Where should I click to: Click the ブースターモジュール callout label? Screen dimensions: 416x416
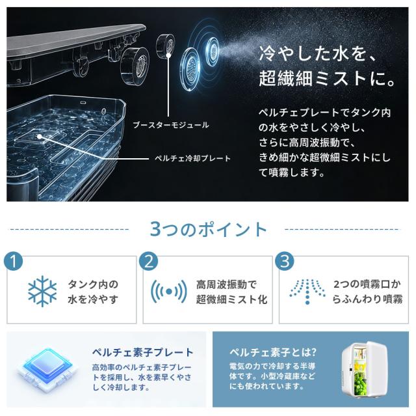point(171,125)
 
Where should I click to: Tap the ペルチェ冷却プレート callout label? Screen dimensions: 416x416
point(192,159)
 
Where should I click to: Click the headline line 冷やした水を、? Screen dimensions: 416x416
point(318,53)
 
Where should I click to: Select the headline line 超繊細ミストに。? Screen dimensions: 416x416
point(328,78)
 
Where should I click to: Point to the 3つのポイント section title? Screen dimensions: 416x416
point(208,229)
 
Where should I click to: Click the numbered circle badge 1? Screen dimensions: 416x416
point(14,262)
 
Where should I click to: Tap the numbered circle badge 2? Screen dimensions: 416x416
point(149,262)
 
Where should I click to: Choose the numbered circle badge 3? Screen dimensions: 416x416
point(285,262)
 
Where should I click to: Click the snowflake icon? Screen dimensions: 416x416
point(42,292)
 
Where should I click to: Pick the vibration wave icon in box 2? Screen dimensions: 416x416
point(169,292)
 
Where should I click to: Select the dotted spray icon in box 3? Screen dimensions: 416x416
point(307,292)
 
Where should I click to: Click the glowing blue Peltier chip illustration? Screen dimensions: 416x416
point(47,368)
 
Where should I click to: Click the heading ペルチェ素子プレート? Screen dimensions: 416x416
point(143,352)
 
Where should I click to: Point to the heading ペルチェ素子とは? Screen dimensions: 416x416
point(273,352)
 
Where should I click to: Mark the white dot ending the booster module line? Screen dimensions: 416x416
point(168,55)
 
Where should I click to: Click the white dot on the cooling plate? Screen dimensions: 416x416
point(40,137)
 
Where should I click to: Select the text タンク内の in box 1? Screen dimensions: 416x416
point(93,284)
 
